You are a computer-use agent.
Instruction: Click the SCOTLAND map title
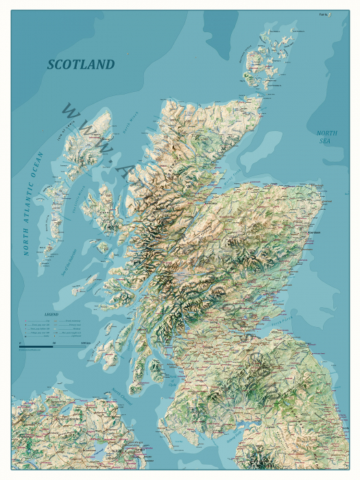click(x=80, y=64)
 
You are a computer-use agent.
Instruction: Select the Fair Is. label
click(x=324, y=14)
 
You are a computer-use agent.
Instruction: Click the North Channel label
click(x=122, y=398)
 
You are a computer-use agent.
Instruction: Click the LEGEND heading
click(x=51, y=314)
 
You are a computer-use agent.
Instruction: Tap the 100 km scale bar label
click(x=86, y=341)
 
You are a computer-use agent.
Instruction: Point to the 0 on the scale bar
click(x=20, y=341)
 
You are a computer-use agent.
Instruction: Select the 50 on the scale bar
click(x=53, y=341)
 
